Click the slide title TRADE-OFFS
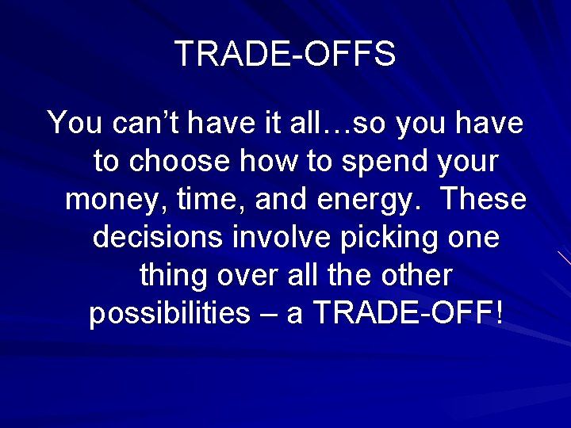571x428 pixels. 285,54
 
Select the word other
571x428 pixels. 416,275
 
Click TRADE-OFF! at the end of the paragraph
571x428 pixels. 409,313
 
